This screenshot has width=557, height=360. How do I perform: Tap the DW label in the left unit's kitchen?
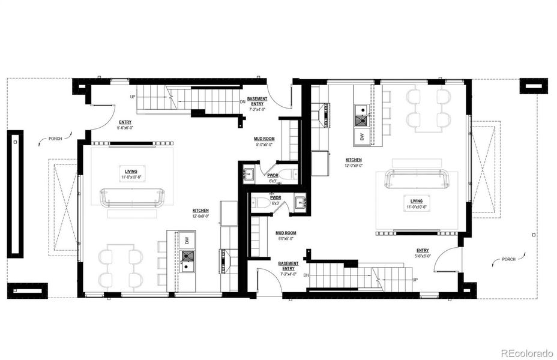[188, 240]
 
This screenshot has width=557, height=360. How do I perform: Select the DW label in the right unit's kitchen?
[363, 136]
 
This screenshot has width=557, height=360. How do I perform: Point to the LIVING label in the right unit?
[417, 201]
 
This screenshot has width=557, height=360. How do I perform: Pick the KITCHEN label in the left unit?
[200, 211]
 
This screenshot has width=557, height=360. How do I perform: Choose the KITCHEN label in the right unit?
[354, 160]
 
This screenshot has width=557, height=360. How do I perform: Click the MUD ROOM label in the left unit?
[265, 138]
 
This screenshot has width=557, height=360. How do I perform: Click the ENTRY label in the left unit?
[125, 122]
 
